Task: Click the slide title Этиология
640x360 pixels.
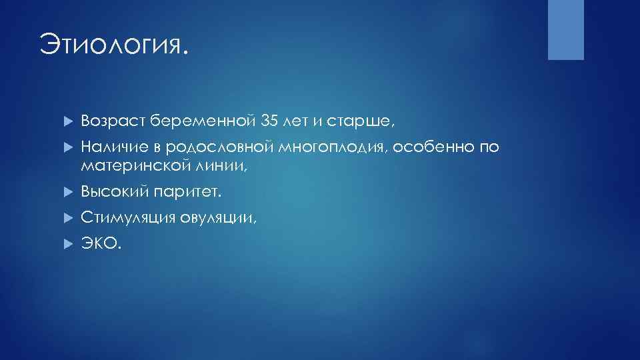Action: click(113, 46)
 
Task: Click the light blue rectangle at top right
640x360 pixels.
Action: click(565, 29)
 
